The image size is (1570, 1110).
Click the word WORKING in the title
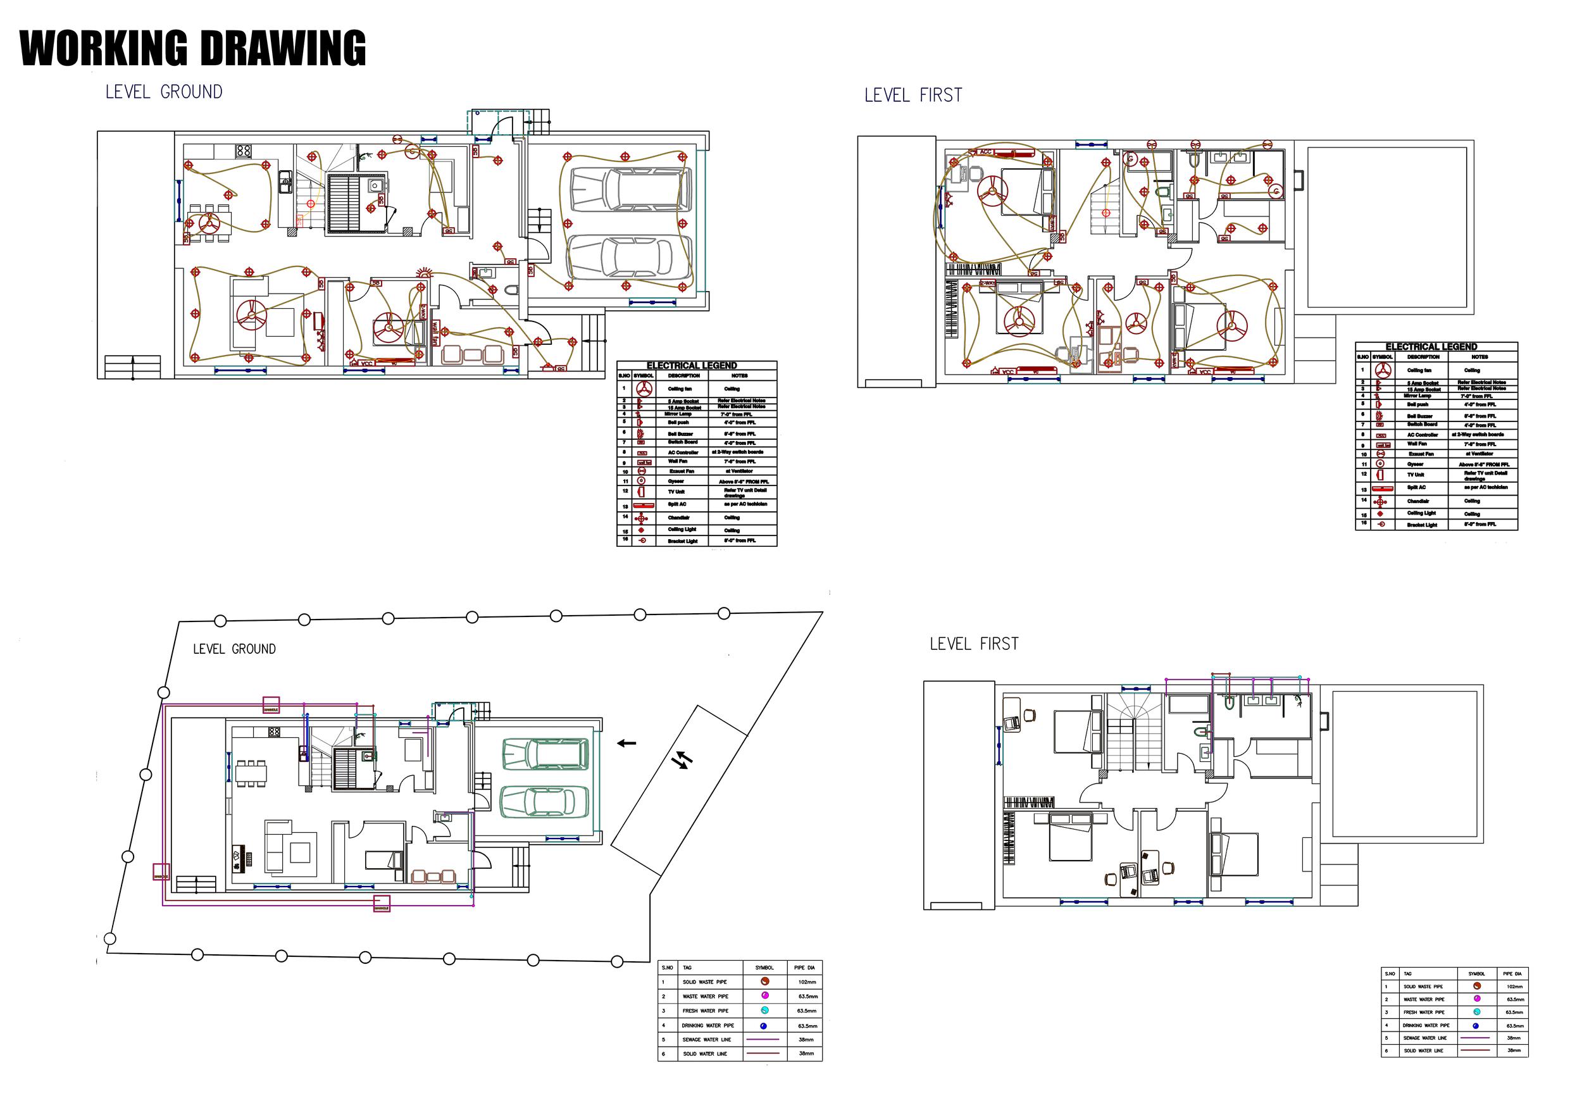pos(103,49)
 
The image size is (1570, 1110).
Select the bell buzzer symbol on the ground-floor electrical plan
pos(425,273)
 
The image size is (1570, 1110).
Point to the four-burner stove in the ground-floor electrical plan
pos(244,150)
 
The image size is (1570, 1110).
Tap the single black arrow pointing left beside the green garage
pos(626,743)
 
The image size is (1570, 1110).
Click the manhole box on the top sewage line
pos(271,705)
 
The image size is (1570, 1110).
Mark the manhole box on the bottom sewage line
pos(382,904)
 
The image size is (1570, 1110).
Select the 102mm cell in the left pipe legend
pos(807,982)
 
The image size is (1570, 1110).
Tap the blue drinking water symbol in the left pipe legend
pos(764,1026)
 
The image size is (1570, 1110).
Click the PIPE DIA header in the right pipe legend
pos(1512,973)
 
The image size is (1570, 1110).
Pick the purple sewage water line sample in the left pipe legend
pos(764,1040)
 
